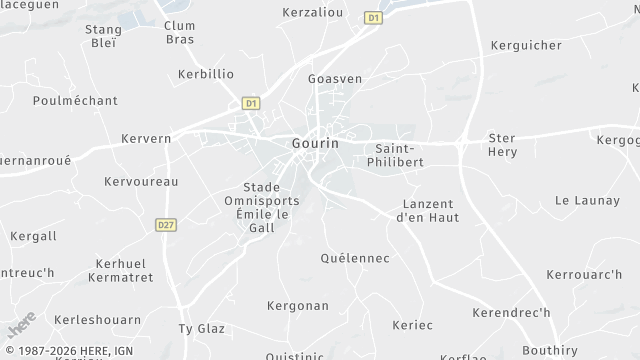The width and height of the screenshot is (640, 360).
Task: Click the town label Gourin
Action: (x=315, y=143)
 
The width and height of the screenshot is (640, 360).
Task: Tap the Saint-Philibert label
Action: (x=399, y=155)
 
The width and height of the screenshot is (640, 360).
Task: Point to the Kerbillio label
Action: (x=206, y=74)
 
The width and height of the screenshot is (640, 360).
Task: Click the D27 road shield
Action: (x=166, y=225)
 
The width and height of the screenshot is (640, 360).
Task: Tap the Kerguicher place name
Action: (x=527, y=46)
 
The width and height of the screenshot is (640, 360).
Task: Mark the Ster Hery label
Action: (x=501, y=144)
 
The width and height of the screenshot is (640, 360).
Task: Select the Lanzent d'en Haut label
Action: (x=426, y=210)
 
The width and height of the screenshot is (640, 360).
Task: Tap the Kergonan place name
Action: (x=298, y=304)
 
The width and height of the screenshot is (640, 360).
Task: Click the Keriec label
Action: (x=413, y=325)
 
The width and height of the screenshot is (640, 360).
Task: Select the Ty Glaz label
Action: (x=198, y=328)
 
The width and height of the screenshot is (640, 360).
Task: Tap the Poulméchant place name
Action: (x=75, y=100)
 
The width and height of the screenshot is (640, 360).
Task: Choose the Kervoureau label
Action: (x=141, y=182)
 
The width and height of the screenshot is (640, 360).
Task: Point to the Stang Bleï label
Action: (x=103, y=36)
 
